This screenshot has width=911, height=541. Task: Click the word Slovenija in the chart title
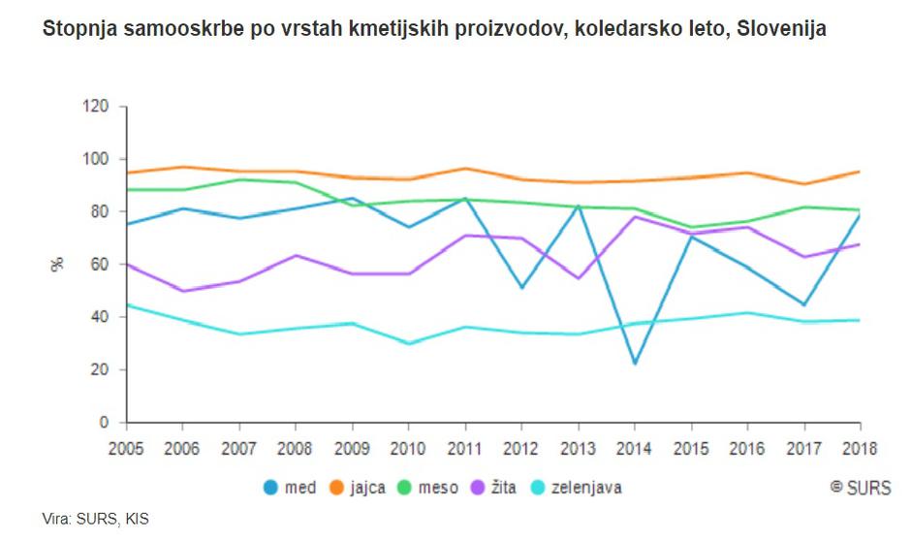[x=781, y=29]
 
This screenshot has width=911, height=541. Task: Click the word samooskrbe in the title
[x=163, y=29]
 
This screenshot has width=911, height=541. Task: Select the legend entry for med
[x=290, y=488]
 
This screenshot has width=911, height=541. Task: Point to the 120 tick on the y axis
[x=98, y=106]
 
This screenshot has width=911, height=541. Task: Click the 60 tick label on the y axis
[x=102, y=264]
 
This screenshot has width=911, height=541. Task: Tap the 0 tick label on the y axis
[x=106, y=423]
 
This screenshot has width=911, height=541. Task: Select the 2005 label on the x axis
[x=127, y=449]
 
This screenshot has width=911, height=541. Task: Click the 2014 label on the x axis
[x=634, y=449]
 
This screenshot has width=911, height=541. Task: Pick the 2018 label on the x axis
[x=859, y=449]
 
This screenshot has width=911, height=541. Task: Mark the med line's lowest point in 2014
[x=634, y=364]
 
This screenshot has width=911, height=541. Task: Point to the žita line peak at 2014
[x=634, y=216]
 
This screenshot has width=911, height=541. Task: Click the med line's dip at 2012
[x=521, y=288]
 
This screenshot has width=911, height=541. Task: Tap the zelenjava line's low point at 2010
[x=409, y=343]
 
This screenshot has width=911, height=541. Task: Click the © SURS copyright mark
[x=860, y=488]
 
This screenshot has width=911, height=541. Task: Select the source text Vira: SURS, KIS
[x=96, y=519]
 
